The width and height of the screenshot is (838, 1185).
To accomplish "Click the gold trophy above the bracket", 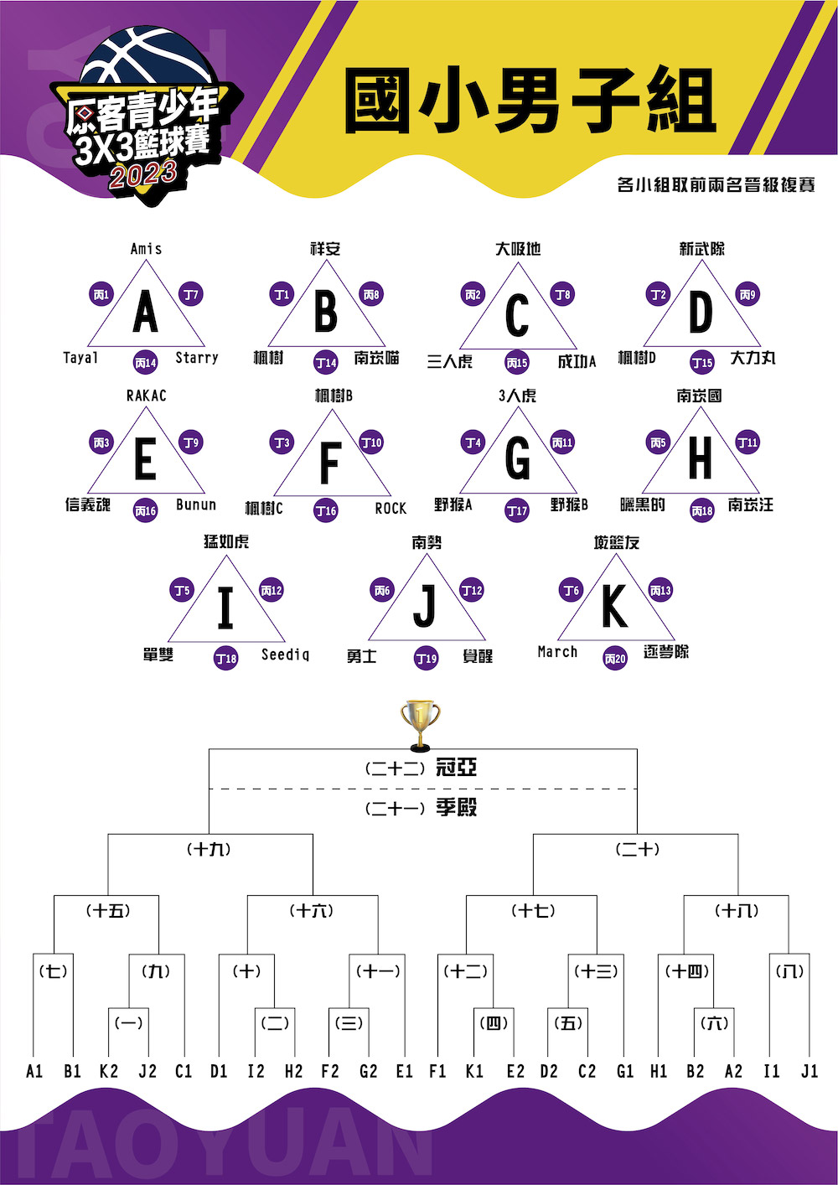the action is point(420,725).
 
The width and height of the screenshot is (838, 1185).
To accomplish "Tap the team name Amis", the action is point(146,249).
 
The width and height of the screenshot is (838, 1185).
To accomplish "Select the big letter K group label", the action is point(615,606).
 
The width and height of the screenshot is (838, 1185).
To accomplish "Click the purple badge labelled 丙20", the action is point(615,659).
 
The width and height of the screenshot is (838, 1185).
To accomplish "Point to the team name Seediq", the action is point(285,655).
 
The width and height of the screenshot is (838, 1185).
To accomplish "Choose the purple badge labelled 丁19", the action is point(426,659).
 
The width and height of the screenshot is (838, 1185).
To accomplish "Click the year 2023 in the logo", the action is point(142,174).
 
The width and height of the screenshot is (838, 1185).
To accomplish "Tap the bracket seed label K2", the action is point(108,1072).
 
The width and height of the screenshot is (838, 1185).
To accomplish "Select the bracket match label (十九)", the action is point(210,850).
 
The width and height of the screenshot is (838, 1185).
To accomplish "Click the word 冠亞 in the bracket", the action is point(456,767).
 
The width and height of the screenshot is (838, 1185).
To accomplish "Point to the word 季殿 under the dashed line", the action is point(456,807).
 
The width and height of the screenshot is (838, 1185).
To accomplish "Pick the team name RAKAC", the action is point(147,396).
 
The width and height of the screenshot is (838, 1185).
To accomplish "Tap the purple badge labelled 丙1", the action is point(101,295).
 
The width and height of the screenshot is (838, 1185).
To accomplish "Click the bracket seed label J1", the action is point(810,1072).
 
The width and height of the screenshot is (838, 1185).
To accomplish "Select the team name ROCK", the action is point(391,509).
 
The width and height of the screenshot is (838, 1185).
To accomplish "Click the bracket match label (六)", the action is point(714,1023).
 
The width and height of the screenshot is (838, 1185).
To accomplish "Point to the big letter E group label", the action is point(146,458).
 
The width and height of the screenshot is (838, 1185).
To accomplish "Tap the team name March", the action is point(557,652).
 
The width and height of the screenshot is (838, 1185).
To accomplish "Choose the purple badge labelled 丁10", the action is point(371,442).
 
